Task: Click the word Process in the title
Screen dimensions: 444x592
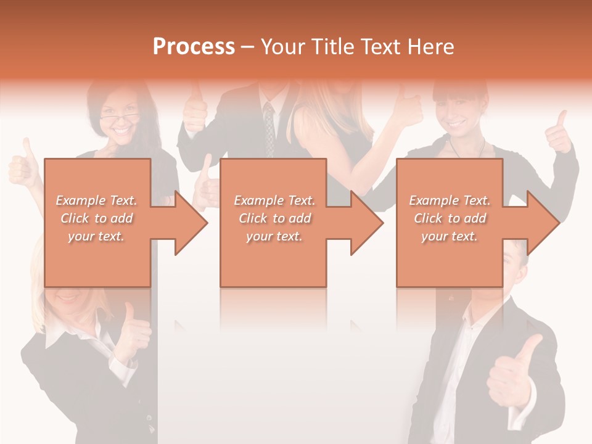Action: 194,47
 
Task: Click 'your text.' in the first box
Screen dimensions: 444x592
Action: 96,236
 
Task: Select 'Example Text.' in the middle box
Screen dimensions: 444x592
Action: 274,200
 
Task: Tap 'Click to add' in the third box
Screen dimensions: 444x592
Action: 450,218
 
